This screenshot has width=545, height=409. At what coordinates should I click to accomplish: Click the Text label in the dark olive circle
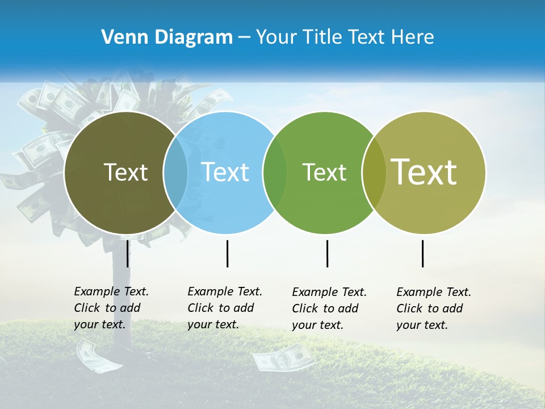tap(125, 172)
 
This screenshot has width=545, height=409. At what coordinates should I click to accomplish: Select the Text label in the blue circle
tap(225, 172)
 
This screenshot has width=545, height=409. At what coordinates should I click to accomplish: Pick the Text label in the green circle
tap(324, 172)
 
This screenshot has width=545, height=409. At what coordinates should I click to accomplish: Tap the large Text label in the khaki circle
tap(424, 172)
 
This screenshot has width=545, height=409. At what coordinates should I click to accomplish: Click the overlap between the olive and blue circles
tap(175, 172)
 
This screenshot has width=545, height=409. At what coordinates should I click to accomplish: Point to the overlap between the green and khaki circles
tap(374, 172)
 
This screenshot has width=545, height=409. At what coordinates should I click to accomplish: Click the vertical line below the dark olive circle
tap(127, 253)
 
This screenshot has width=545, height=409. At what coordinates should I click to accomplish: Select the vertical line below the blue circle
tap(227, 253)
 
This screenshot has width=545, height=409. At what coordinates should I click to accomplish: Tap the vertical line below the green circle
tap(327, 253)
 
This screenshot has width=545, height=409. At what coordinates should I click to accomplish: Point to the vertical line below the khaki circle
tap(422, 253)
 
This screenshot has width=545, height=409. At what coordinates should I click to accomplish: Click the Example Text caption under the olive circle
tap(111, 308)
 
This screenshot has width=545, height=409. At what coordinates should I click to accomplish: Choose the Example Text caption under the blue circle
tap(225, 308)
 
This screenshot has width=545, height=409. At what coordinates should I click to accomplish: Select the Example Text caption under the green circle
tap(329, 308)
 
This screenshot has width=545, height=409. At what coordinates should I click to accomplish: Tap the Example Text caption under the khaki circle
tap(434, 308)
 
